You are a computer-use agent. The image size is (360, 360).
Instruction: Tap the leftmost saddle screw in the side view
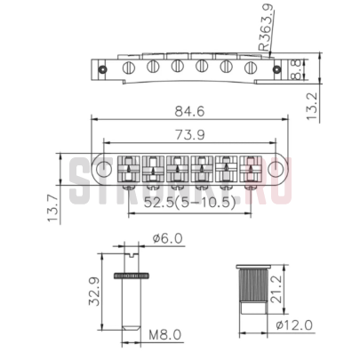point(130,67)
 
